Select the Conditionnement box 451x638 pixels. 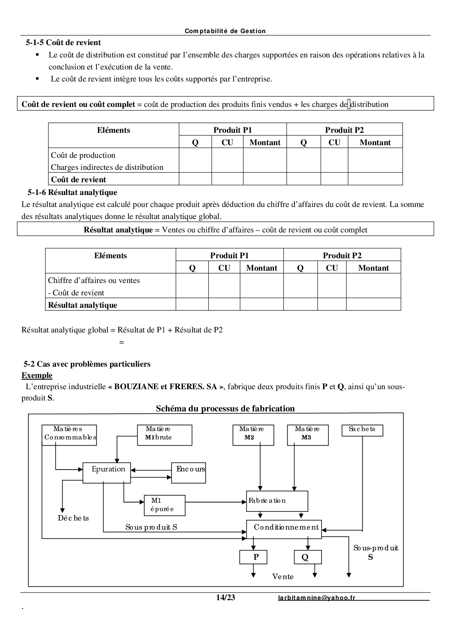click(284, 529)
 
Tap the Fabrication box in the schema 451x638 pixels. click(277, 501)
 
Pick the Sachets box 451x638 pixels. click(362, 430)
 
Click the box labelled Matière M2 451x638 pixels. click(253, 435)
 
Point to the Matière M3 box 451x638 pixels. click(308, 435)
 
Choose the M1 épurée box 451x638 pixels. click(164, 505)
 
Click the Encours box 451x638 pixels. click(188, 472)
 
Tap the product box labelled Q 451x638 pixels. click(308, 557)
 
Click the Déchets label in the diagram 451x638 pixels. click(73, 518)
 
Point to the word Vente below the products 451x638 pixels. click(283, 577)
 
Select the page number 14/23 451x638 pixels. click(225, 597)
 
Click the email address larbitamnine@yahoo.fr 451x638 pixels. click(317, 598)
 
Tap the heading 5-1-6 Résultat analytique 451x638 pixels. click(72, 192)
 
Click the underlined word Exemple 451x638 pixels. click(37, 375)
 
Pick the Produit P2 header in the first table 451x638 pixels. click(344, 130)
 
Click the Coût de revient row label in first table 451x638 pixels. click(79, 179)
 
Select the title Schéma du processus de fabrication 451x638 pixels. click(225, 408)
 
